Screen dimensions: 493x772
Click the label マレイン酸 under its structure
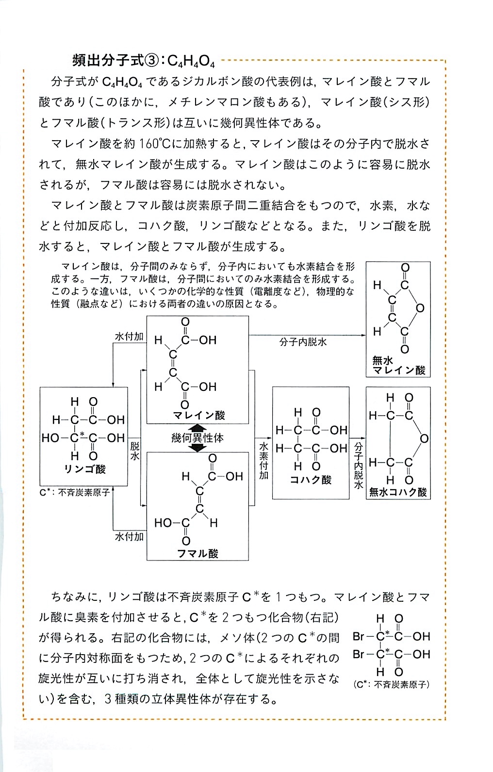click(x=199, y=415)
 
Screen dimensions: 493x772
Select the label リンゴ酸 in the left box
click(x=85, y=469)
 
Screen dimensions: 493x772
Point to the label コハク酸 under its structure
click(x=311, y=480)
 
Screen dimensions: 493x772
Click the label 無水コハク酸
click(x=398, y=492)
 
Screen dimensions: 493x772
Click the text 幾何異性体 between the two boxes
click(x=197, y=438)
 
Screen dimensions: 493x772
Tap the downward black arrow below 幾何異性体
click(x=197, y=448)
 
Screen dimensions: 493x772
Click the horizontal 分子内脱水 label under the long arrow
click(x=303, y=342)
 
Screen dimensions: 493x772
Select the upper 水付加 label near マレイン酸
click(x=129, y=337)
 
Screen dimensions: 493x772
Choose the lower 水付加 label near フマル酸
click(x=129, y=537)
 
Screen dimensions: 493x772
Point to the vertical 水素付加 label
click(x=264, y=461)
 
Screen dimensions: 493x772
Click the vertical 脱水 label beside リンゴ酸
click(x=135, y=451)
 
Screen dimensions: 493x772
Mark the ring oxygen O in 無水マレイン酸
click(x=420, y=308)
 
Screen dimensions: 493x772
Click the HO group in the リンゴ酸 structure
click(x=50, y=438)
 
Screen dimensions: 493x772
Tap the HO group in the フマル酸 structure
click(x=163, y=523)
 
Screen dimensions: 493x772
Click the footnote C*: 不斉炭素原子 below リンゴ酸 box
click(x=74, y=492)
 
